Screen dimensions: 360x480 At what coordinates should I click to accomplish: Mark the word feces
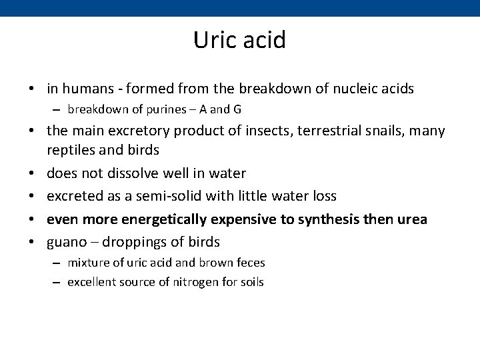pos(249,263)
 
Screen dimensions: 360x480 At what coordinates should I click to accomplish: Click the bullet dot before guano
pos(32,241)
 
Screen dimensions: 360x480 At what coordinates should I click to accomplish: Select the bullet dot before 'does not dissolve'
pos(32,173)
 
